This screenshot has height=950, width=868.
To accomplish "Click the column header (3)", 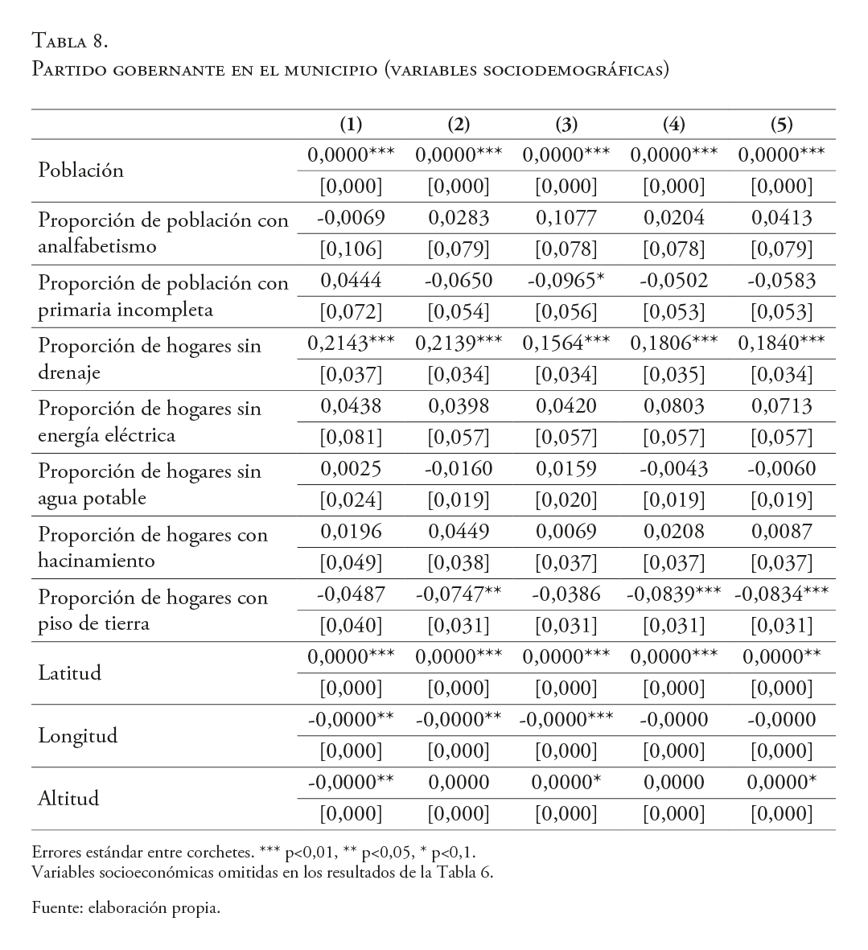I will coord(566,125).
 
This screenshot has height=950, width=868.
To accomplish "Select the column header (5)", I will coord(781,125).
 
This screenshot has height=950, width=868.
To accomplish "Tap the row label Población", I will coord(81,171).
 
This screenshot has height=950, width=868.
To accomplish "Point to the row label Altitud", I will coord(69,799).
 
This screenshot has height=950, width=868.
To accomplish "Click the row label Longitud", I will coord(78,736).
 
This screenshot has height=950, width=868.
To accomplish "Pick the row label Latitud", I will coord(70,673).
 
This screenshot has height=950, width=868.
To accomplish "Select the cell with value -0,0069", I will coord(351,218).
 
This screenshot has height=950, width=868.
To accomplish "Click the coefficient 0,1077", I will coord(566,218).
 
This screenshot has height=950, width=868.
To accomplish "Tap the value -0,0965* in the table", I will coord(566,281).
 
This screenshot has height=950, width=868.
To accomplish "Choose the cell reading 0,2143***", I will coord(351,343).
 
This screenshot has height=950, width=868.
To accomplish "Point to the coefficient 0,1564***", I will coord(566,343).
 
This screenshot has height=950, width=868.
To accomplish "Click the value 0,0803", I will coord(674,406).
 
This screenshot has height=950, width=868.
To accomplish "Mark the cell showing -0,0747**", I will coord(459,594).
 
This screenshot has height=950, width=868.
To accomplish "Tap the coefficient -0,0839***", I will coord(674,594).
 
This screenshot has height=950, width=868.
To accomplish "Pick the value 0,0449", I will coord(459,532).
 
